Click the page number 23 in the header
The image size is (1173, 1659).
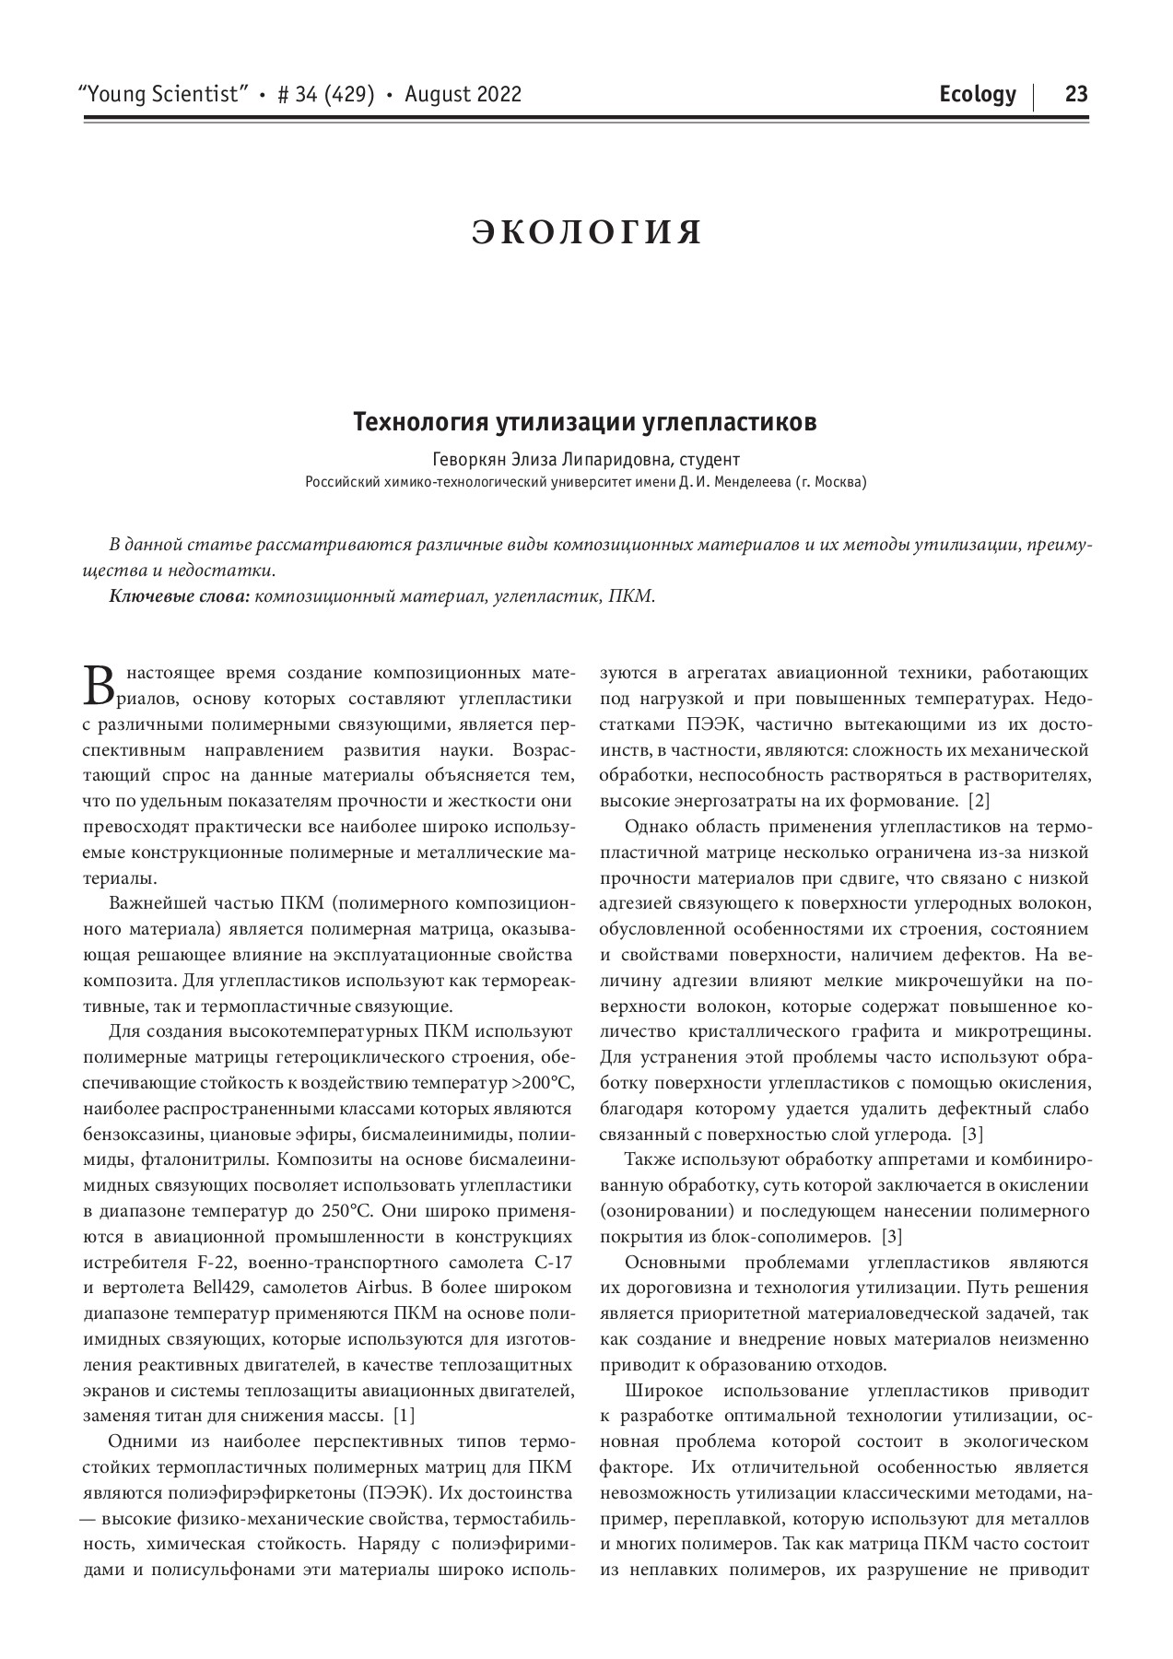coord(1076,94)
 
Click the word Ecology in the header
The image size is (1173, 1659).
coord(978,94)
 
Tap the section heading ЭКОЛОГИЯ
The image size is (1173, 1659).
coord(587,232)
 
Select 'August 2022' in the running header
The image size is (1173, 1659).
coord(463,94)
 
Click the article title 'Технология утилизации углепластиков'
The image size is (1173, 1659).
coord(585,423)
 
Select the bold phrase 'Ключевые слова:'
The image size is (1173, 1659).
coord(180,596)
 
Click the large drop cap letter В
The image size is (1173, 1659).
coord(97,683)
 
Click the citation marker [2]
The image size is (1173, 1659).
coord(978,800)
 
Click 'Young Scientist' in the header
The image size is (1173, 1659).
coord(166,94)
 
